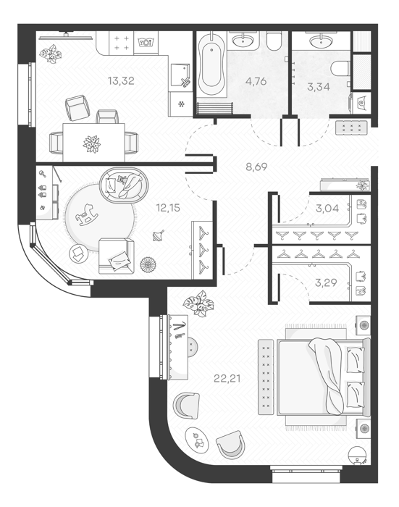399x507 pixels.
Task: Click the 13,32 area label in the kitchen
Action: coord(121,81)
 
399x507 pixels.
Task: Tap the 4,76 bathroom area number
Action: coord(256,81)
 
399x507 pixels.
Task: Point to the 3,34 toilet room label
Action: coord(319,87)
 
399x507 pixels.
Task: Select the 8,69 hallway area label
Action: coord(256,167)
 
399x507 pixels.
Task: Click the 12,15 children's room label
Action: coord(168,208)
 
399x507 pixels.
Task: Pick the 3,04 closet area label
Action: coord(327,209)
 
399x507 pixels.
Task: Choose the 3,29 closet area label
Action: coord(326,282)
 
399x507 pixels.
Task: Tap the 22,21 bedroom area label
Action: coord(227,378)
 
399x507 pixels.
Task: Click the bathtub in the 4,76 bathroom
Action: coord(211,64)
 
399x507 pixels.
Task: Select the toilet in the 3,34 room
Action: coord(340,68)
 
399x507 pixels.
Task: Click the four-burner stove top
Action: coord(121,43)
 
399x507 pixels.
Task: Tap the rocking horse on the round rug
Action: coord(86,215)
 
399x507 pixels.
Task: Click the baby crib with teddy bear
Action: coord(124,185)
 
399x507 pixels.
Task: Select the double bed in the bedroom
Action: coord(324,377)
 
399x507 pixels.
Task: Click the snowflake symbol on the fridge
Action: coord(181,104)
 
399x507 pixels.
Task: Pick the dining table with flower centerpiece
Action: coord(93,142)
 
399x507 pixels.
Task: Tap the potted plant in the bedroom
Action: coord(198,303)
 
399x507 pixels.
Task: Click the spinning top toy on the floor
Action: coord(159,235)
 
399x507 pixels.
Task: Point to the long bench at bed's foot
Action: coord(266,377)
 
